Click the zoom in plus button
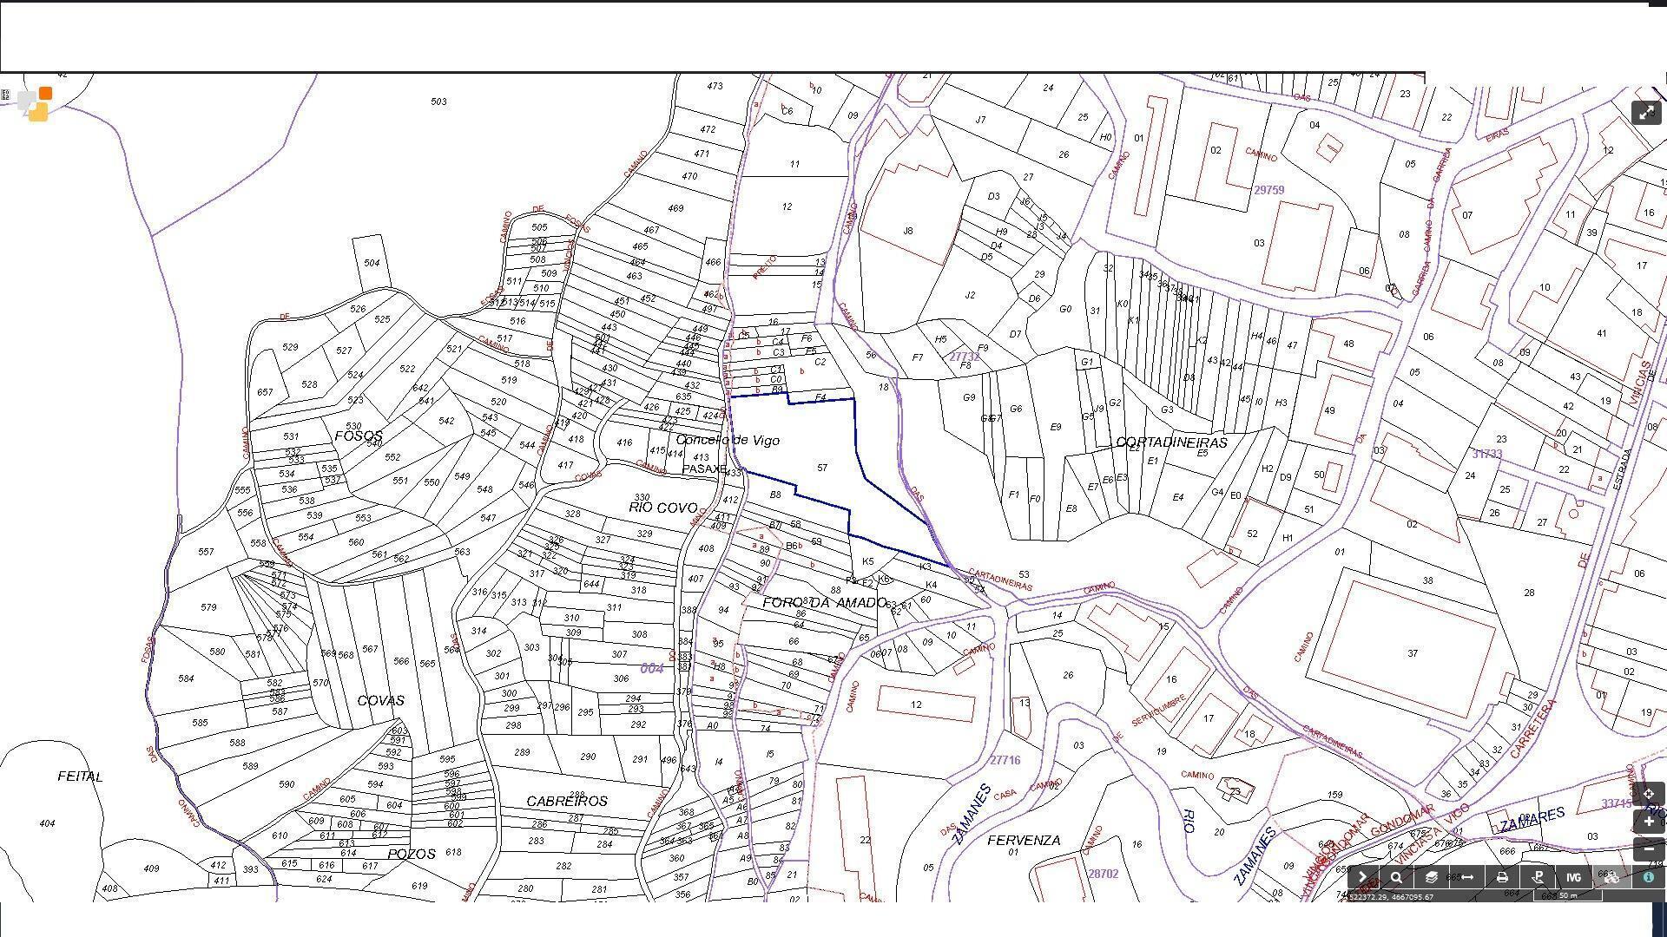[x=1648, y=822]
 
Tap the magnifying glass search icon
[x=1396, y=877]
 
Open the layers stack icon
[x=1431, y=877]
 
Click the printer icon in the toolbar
[x=1502, y=877]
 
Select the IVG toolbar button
[x=1573, y=877]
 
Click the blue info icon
[x=1648, y=877]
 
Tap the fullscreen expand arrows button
[x=1646, y=113]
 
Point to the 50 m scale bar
[x=1567, y=895]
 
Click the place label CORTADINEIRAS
[x=1171, y=442]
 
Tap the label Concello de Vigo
[x=728, y=440]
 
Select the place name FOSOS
[x=358, y=436]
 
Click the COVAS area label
[x=380, y=700]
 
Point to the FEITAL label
[x=80, y=776]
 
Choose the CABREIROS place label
[x=567, y=801]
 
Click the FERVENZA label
[x=1024, y=840]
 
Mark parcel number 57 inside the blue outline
[x=822, y=468]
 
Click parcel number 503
[x=438, y=102]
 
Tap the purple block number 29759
[x=1268, y=190]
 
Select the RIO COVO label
[x=662, y=508]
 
